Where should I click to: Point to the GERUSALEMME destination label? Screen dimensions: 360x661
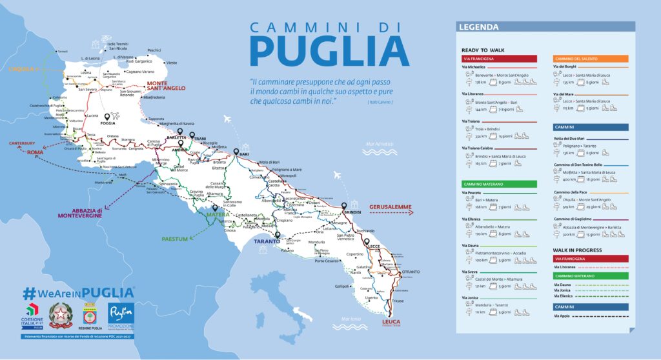[x=391, y=208]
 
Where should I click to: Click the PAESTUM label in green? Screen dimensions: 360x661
[x=174, y=239]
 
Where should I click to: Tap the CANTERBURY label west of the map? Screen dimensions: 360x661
[x=21, y=143]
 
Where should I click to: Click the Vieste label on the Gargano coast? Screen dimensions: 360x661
[x=171, y=63]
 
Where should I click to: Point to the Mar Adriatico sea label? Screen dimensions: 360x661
[x=379, y=143]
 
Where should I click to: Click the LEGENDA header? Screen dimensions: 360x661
[x=478, y=27]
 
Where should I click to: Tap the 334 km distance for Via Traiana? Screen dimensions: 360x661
[x=480, y=136]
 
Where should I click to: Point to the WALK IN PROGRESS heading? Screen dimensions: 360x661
[x=577, y=249]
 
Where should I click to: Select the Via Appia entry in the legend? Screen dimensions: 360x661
[x=562, y=315]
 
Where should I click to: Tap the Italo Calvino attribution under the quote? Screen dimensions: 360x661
[x=379, y=102]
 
